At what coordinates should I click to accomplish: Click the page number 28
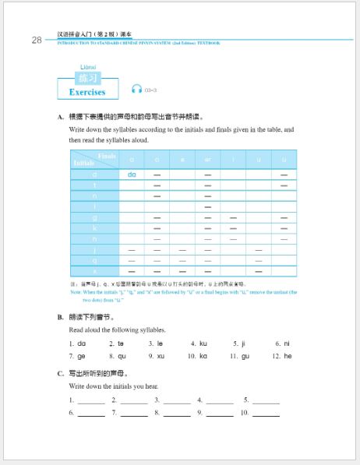(37, 41)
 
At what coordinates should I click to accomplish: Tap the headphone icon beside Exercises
(137, 89)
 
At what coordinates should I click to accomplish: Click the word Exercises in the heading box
(86, 92)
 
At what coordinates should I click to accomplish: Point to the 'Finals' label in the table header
(107, 156)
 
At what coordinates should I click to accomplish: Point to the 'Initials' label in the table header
(83, 164)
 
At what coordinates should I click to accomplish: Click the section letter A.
(60, 117)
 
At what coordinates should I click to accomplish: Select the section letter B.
(60, 317)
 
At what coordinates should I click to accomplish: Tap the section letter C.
(60, 373)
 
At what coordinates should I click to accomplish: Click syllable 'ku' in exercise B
(203, 343)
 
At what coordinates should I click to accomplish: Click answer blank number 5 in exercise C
(266, 401)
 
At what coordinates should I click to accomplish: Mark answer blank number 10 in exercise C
(266, 414)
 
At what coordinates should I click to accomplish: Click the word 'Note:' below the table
(76, 291)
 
